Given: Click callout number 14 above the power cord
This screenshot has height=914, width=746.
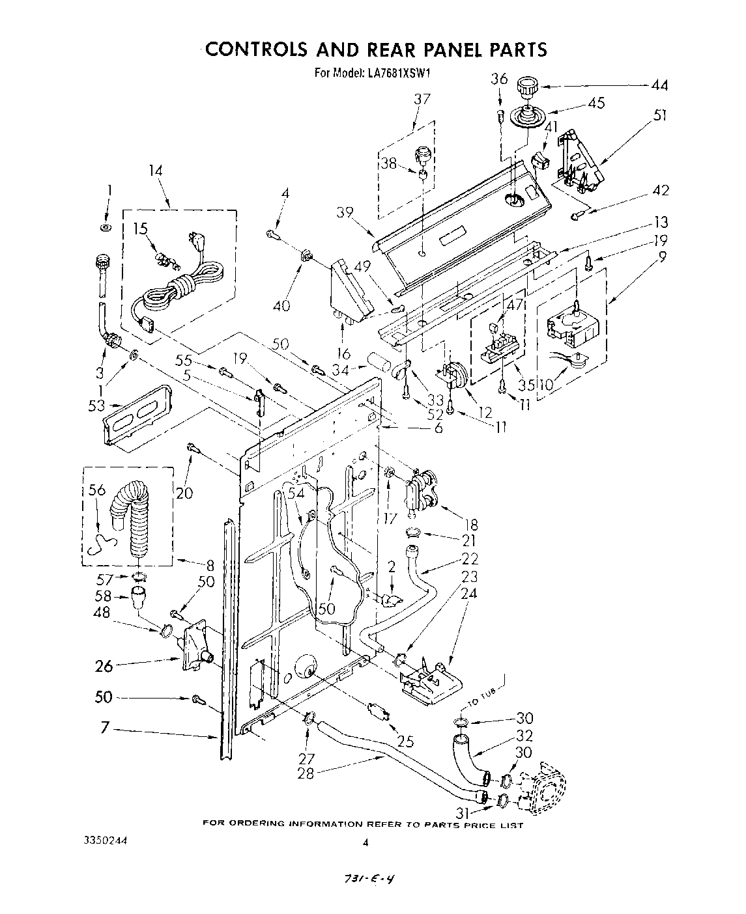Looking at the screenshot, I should (x=155, y=171).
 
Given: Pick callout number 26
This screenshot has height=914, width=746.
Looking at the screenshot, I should (x=104, y=665).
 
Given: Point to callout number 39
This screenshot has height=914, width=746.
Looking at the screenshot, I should (x=346, y=212).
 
